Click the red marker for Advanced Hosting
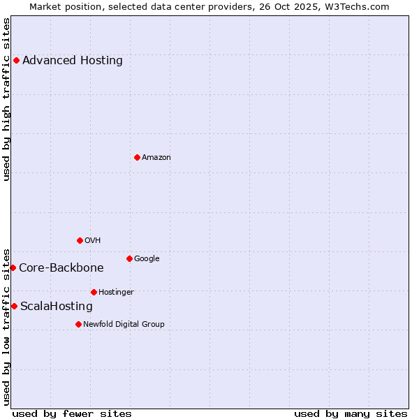click(x=16, y=60)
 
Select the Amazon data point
click(x=137, y=157)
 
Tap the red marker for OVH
click(x=80, y=240)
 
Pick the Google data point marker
click(x=129, y=258)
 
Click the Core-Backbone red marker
click(x=13, y=267)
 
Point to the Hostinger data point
click(x=94, y=292)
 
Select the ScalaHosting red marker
click(x=14, y=306)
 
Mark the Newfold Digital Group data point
click(x=78, y=324)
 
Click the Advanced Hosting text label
click(x=73, y=60)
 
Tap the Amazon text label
click(x=156, y=157)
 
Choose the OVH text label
click(x=93, y=240)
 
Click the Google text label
click(x=147, y=258)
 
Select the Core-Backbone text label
click(x=61, y=267)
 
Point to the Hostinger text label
click(x=116, y=292)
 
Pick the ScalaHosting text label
click(x=57, y=306)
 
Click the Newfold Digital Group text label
click(x=124, y=324)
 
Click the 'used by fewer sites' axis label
click(x=72, y=413)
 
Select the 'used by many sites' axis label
click(x=351, y=413)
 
